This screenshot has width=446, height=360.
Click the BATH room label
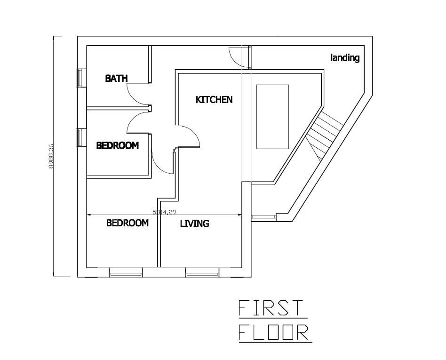tap(116, 78)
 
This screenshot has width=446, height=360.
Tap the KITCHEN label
tap(214, 100)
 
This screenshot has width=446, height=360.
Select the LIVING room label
tap(195, 224)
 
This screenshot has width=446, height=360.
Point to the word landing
tap(345, 58)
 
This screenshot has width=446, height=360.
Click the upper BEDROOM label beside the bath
tap(118, 146)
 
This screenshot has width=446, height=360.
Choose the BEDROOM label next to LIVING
tap(127, 223)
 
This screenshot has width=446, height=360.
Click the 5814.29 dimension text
tap(164, 212)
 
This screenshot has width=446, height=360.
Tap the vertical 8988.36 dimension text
tap(51, 156)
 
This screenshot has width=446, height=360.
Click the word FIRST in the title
tap(270, 308)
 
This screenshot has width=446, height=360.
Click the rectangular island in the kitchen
tap(272, 117)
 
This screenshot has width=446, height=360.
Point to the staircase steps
tap(324, 135)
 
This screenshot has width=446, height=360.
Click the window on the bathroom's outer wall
tap(80, 78)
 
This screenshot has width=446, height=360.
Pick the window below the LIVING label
tap(202, 272)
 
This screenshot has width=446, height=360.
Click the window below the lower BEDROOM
tap(126, 272)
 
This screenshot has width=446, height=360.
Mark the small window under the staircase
tap(263, 217)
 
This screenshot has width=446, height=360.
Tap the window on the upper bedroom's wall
tap(80, 138)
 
